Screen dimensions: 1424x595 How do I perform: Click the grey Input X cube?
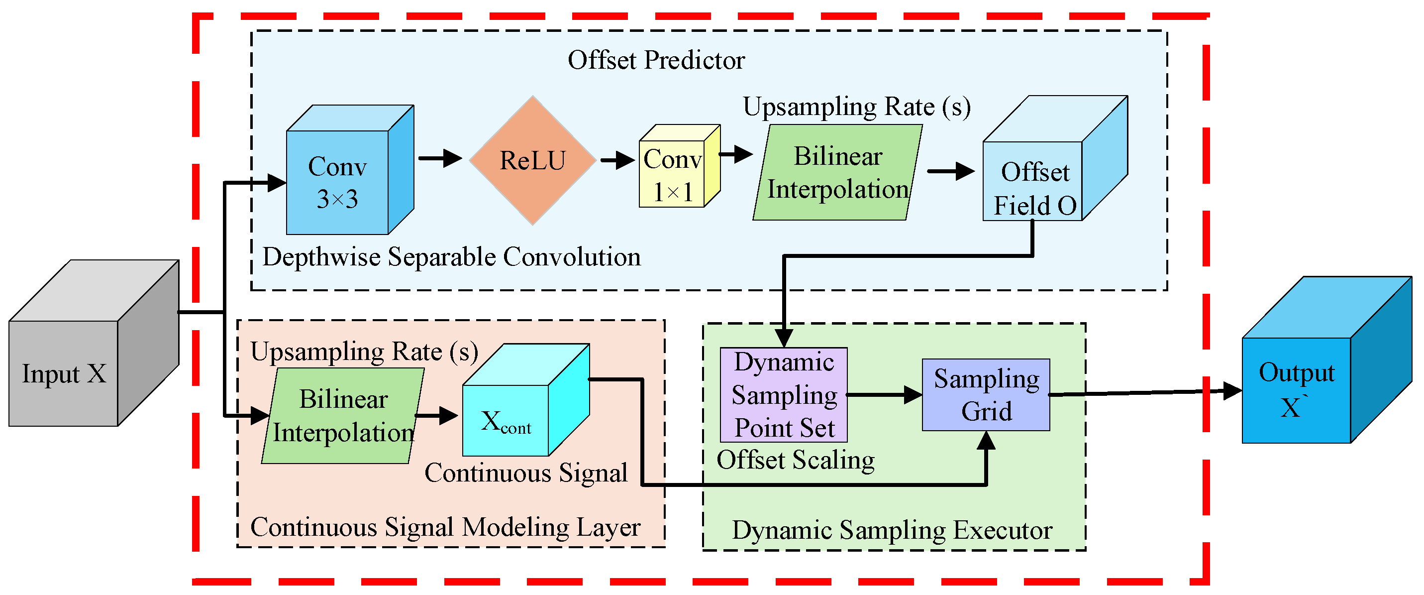click(94, 343)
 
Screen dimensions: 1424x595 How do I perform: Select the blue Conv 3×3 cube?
click(350, 170)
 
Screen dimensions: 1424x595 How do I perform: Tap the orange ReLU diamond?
click(532, 160)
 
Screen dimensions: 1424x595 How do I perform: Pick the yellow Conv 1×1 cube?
click(679, 166)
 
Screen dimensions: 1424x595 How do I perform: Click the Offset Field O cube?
click(1055, 159)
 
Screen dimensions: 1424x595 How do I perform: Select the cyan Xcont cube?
click(526, 400)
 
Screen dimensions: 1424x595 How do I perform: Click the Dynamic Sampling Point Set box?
click(783, 395)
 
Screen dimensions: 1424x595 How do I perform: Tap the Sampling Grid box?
click(986, 395)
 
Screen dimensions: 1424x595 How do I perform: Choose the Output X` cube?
click(1326, 359)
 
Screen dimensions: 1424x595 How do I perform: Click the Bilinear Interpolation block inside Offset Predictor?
click(837, 172)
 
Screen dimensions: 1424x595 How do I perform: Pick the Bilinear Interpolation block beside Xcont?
click(343, 415)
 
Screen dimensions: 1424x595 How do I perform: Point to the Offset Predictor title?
click(656, 60)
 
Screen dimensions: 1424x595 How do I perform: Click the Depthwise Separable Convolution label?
click(452, 257)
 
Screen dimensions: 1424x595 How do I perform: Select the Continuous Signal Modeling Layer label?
click(445, 528)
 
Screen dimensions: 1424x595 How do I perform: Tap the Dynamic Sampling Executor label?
click(892, 530)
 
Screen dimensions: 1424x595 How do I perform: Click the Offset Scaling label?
click(796, 460)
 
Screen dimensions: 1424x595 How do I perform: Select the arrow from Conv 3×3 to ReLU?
click(440, 158)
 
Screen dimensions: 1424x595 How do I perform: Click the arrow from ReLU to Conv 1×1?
click(617, 160)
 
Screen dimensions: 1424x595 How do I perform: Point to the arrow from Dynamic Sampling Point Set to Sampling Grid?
click(885, 395)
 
